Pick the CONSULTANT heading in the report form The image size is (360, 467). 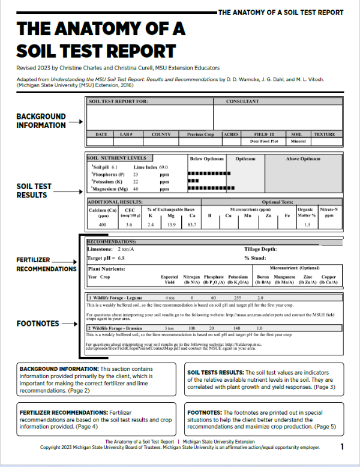point(242,101)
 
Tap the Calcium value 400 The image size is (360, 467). point(102,224)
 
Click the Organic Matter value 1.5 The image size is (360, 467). point(308,224)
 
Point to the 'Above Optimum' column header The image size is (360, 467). point(302,159)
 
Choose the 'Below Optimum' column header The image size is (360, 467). point(206,159)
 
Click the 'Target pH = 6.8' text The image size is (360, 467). point(106,257)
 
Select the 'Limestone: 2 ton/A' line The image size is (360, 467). point(112,249)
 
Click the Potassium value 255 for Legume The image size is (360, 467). point(237,298)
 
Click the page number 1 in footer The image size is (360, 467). point(342,447)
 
